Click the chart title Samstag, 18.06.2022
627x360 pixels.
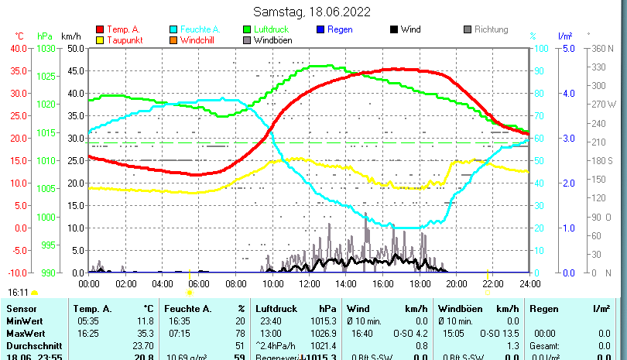click(x=312, y=12)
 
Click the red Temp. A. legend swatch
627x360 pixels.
click(x=99, y=30)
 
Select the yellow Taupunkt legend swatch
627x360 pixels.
click(x=99, y=40)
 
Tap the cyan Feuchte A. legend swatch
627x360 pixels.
click(x=173, y=30)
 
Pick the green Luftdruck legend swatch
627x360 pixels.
click(x=247, y=30)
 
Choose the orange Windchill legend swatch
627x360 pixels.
click(x=173, y=40)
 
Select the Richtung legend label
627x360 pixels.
click(x=491, y=30)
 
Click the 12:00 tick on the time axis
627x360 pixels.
click(x=309, y=283)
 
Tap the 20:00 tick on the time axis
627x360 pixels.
click(x=456, y=283)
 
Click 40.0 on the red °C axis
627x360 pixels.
click(x=18, y=48)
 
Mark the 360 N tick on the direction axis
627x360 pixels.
click(x=601, y=48)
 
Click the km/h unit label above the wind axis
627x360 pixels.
click(x=70, y=36)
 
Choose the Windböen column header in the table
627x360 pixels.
click(x=458, y=309)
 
